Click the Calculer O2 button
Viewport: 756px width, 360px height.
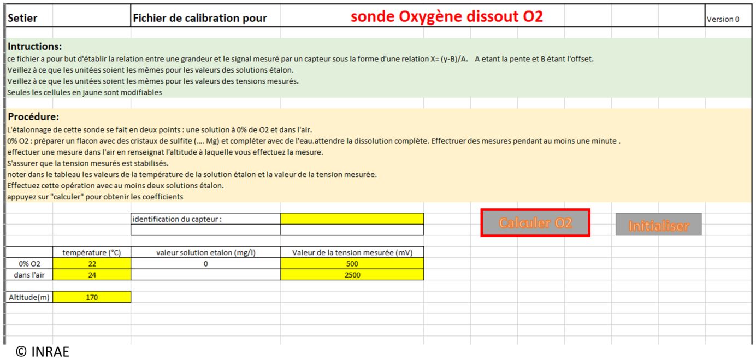[535, 223]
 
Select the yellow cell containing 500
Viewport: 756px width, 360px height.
[352, 264]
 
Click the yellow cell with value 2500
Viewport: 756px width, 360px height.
[352, 275]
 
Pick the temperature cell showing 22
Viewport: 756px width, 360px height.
[92, 264]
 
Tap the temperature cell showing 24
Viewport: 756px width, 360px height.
[92, 275]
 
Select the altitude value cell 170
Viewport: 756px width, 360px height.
[92, 297]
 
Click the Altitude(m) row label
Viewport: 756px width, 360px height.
[29, 297]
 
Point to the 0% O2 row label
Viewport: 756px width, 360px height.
[29, 264]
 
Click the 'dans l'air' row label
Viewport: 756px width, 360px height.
[29, 275]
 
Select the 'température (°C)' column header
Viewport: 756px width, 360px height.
[92, 252]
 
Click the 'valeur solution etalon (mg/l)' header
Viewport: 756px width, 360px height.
[205, 252]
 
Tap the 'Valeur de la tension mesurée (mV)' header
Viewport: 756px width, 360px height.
[352, 252]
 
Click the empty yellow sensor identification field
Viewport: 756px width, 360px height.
[352, 219]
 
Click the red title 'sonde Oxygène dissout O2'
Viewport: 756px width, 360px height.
[446, 17]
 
